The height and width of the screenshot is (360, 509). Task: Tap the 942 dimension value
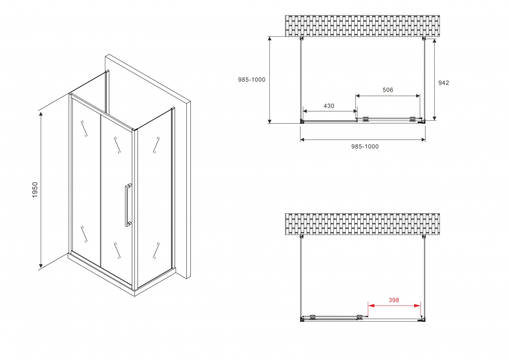(x=443, y=82)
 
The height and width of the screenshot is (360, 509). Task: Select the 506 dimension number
(x=388, y=90)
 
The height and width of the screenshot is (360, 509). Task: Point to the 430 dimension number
(x=329, y=106)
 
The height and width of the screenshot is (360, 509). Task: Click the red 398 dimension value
(x=393, y=300)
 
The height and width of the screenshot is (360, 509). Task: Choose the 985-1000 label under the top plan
(x=365, y=147)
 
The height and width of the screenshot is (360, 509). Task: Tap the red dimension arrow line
(x=393, y=306)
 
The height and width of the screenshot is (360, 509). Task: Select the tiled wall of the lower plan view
(x=362, y=224)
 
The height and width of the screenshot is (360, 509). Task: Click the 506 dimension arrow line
(x=388, y=96)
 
